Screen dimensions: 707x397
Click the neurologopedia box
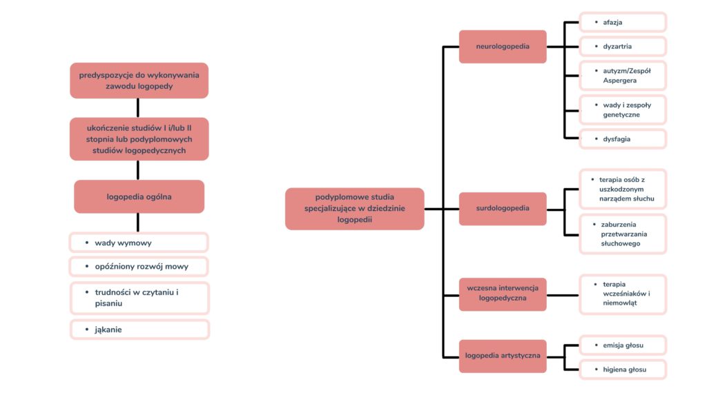[503, 46]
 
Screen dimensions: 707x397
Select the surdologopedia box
[503, 208]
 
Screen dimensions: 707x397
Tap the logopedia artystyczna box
[503, 356]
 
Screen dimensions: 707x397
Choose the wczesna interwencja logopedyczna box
[503, 294]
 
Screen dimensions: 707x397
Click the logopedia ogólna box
[139, 196]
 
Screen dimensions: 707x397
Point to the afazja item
[623, 22]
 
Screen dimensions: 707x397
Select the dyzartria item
[623, 46]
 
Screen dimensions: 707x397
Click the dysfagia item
[623, 139]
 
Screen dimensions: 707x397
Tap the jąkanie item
[139, 329]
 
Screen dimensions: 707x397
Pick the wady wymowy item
[139, 243]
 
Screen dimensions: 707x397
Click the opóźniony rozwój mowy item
[139, 267]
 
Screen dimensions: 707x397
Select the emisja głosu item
[623, 345]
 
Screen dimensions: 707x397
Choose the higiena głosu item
[623, 369]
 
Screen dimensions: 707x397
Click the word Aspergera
[619, 81]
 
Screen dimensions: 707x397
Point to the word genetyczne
[621, 115]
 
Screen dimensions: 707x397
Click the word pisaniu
[108, 303]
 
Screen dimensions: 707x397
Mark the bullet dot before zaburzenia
[594, 224]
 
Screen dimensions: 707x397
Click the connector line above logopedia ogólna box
[138, 170]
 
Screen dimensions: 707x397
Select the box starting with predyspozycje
[139, 81]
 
